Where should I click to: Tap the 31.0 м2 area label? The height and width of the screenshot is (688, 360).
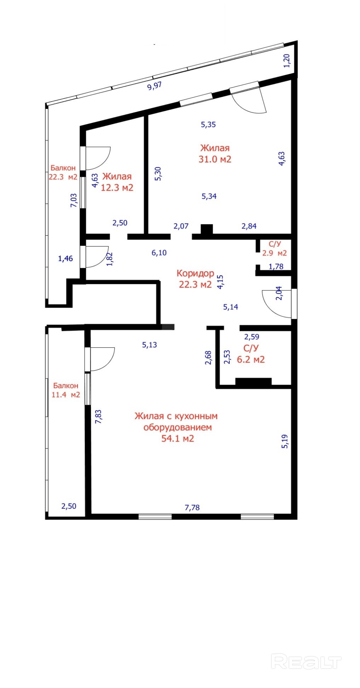pyautogui.click(x=215, y=159)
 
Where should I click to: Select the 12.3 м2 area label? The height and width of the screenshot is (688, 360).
pyautogui.click(x=117, y=187)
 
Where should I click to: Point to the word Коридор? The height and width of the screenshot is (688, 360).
pyautogui.click(x=195, y=273)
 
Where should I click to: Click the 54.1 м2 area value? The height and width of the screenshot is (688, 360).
pyautogui.click(x=178, y=439)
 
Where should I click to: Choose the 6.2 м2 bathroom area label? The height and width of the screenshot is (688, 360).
pyautogui.click(x=251, y=360)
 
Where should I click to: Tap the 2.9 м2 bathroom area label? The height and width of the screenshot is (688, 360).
pyautogui.click(x=275, y=253)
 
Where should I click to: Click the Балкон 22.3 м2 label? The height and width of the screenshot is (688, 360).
pyautogui.click(x=63, y=172)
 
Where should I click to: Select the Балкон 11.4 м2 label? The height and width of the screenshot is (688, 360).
pyautogui.click(x=66, y=390)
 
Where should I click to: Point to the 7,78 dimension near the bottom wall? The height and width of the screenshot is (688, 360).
pyautogui.click(x=192, y=508)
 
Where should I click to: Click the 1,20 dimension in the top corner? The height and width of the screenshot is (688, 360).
pyautogui.click(x=287, y=60)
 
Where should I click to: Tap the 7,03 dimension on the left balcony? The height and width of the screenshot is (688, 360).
pyautogui.click(x=74, y=200)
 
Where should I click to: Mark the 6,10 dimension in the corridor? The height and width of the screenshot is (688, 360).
pyautogui.click(x=159, y=253)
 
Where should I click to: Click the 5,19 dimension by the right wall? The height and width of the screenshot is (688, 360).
pyautogui.click(x=285, y=441)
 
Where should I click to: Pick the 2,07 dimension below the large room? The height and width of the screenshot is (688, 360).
pyautogui.click(x=181, y=226)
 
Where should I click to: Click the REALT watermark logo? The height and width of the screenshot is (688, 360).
pyautogui.click(x=306, y=661)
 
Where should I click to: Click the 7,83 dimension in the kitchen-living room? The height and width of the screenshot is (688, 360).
pyautogui.click(x=98, y=417)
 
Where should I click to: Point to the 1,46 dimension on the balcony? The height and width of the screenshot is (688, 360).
pyautogui.click(x=65, y=259)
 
